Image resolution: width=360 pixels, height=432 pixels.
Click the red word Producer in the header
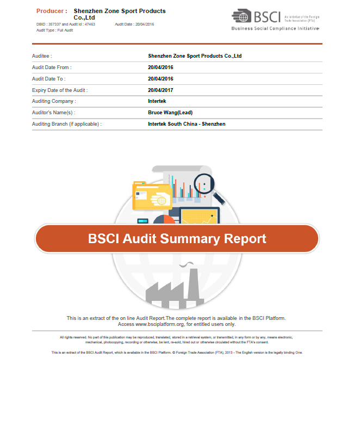click(52, 11)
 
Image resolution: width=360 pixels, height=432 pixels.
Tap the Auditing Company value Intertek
click(158, 101)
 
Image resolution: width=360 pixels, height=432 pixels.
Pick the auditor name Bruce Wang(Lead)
click(170, 113)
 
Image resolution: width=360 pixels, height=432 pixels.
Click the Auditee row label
click(42, 55)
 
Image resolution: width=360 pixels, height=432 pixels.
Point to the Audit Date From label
click(52, 67)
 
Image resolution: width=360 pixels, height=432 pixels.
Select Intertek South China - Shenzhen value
click(187, 124)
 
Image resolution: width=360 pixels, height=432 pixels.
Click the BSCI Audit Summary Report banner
click(177, 239)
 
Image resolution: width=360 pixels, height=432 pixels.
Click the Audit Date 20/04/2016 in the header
click(135, 24)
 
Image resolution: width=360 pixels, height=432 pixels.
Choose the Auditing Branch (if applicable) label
click(66, 124)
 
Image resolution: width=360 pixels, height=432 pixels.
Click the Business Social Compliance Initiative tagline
click(275, 28)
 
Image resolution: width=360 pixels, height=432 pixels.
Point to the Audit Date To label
click(49, 78)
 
